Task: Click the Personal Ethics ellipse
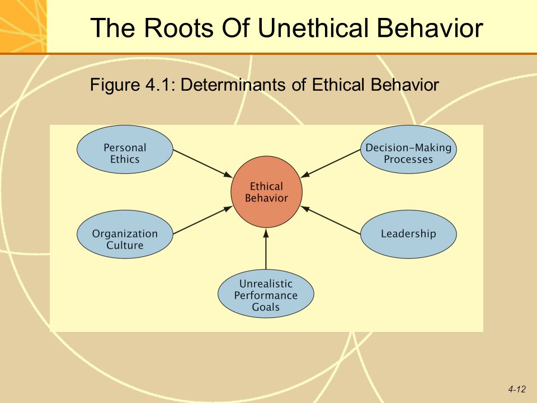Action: [125, 149]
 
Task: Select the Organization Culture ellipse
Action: [125, 235]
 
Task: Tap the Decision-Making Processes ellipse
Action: [408, 149]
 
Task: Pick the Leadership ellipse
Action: [408, 235]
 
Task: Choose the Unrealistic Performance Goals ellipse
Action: [266, 294]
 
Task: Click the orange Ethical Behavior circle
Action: [266, 192]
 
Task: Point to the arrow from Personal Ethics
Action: [202, 163]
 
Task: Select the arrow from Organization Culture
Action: [202, 220]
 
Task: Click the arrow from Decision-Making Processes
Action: [331, 163]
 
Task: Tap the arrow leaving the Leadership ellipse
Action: [331, 220]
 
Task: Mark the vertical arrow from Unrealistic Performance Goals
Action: [266, 249]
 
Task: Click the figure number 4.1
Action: [158, 85]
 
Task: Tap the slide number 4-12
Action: [517, 390]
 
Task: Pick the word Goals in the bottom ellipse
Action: [266, 307]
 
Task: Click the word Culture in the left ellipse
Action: [125, 245]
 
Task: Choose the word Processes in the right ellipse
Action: [408, 160]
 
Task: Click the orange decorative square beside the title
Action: [23, 26]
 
